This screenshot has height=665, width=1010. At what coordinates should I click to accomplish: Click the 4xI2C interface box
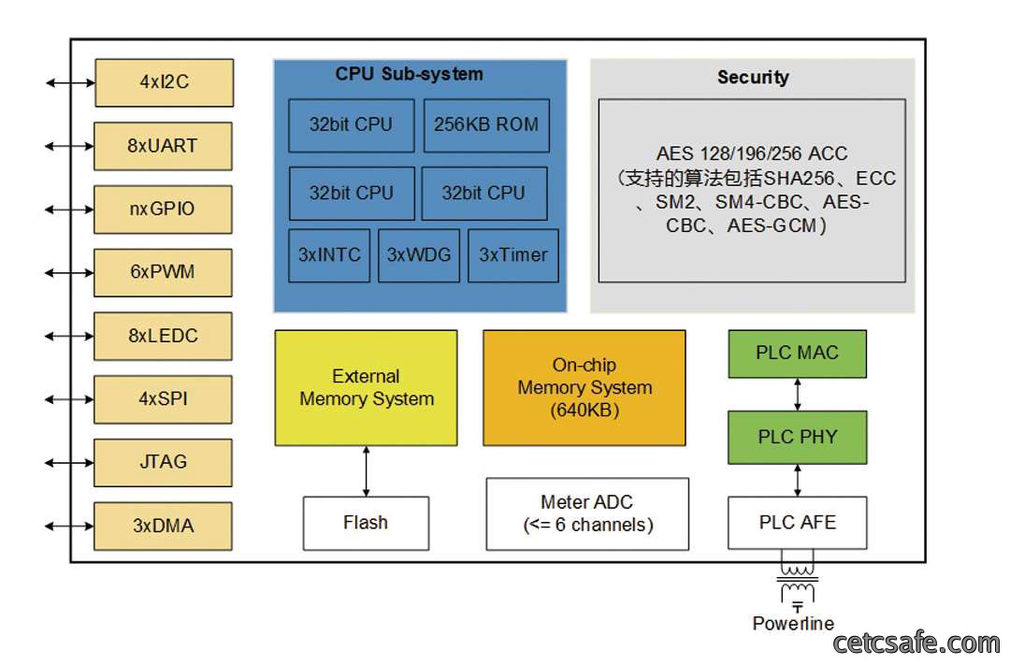165,82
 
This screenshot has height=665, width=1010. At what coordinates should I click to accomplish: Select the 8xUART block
163,146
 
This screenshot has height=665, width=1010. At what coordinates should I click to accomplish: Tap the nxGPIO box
163,210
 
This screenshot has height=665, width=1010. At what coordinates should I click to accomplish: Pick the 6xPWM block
163,272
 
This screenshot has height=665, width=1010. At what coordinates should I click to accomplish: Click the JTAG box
163,463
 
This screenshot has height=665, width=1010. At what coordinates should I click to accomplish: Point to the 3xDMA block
163,526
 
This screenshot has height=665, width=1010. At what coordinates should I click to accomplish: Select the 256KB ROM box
486,125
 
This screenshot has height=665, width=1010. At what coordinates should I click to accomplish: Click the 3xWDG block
419,255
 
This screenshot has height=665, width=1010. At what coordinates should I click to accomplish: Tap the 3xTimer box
513,255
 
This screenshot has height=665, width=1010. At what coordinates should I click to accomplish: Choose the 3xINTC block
329,255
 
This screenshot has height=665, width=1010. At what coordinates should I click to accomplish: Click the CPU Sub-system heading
409,74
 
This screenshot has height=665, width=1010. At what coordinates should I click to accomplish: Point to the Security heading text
753,78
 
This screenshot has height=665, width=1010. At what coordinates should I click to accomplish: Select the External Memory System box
366,388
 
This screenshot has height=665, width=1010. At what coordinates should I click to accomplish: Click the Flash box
366,523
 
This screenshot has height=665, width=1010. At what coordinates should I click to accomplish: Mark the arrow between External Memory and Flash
366,471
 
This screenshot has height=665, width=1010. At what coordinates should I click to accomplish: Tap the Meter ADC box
587,513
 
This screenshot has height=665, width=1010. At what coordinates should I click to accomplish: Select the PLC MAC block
798,354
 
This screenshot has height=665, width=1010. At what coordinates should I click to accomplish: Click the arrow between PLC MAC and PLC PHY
798,395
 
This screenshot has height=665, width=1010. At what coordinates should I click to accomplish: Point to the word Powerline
793,623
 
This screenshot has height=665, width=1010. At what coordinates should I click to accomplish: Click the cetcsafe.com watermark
916,643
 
